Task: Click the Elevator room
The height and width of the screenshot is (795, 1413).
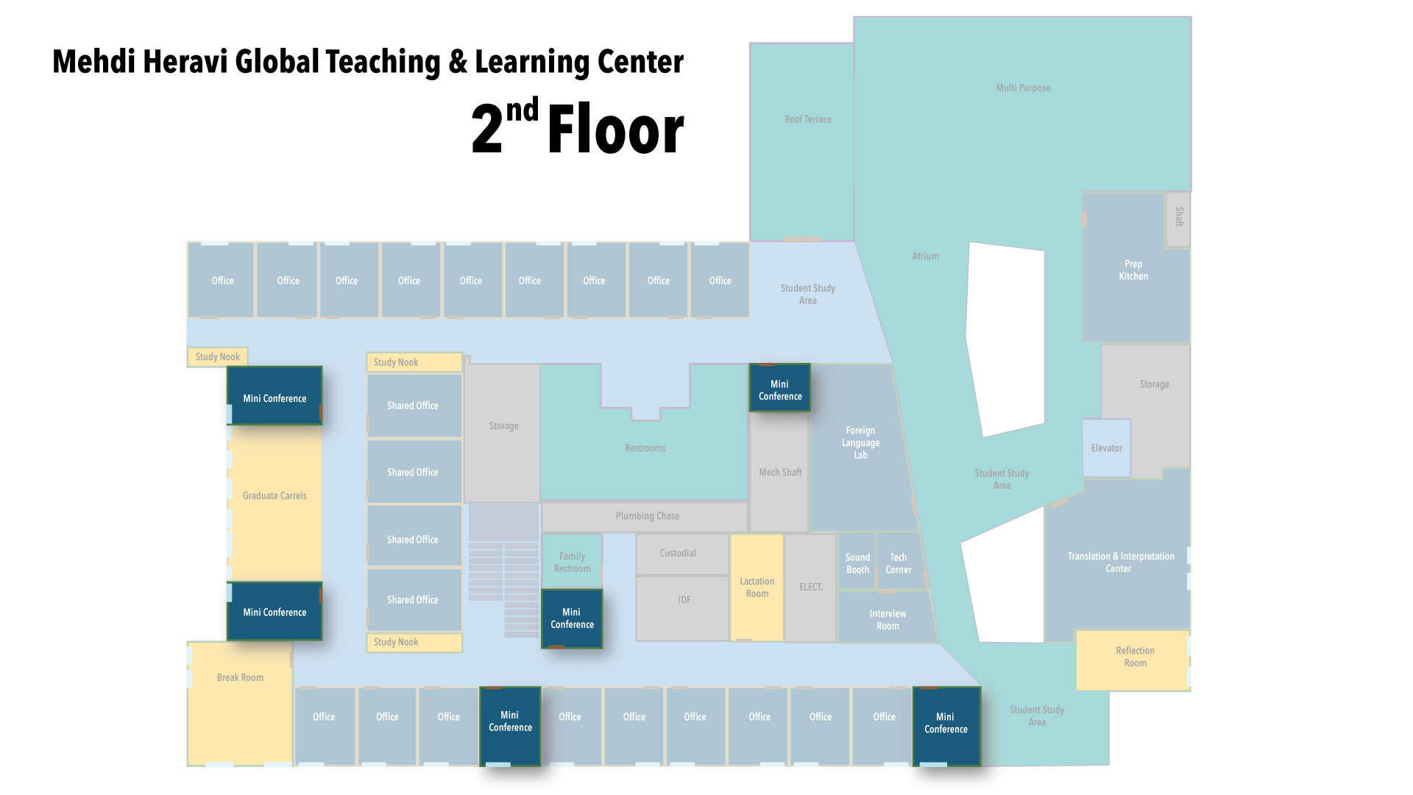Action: point(1106,448)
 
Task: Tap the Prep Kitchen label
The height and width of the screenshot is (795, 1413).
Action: point(1133,270)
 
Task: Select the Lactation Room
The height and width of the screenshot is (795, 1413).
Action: point(757,587)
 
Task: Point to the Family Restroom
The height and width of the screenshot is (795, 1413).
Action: point(572,562)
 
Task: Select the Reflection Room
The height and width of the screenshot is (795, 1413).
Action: point(1133,660)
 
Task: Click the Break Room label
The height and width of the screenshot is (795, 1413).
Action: point(240,677)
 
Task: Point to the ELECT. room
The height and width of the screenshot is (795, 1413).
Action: point(811,587)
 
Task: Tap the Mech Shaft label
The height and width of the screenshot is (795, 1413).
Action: point(780,472)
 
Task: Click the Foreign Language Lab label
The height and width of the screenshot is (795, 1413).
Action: point(860,442)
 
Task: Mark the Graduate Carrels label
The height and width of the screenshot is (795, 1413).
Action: point(275,495)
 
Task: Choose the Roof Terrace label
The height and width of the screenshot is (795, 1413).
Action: point(807,119)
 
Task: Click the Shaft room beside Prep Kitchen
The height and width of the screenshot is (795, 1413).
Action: point(1178,219)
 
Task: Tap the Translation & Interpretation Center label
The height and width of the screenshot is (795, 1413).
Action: point(1120,562)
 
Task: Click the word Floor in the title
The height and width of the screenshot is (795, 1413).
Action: point(615,130)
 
